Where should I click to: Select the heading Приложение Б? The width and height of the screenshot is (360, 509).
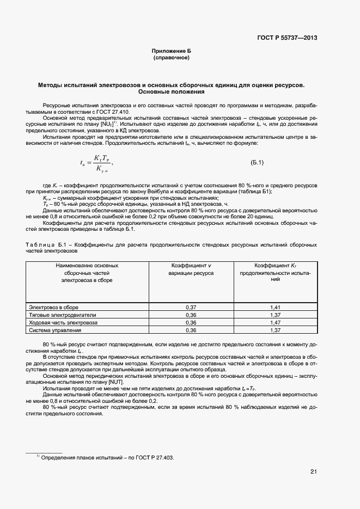point(172,51)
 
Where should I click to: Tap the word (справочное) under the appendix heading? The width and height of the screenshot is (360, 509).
point(172,57)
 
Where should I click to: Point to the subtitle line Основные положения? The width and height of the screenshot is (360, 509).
point(171,92)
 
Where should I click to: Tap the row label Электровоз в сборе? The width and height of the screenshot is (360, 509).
point(54,308)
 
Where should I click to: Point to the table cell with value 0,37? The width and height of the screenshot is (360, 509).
point(191,308)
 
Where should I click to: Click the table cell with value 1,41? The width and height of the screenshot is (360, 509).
point(275,308)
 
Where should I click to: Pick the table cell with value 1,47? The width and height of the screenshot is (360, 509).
point(275,323)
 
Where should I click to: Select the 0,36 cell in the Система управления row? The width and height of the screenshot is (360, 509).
point(191,330)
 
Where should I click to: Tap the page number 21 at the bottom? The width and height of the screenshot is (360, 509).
point(313,471)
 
